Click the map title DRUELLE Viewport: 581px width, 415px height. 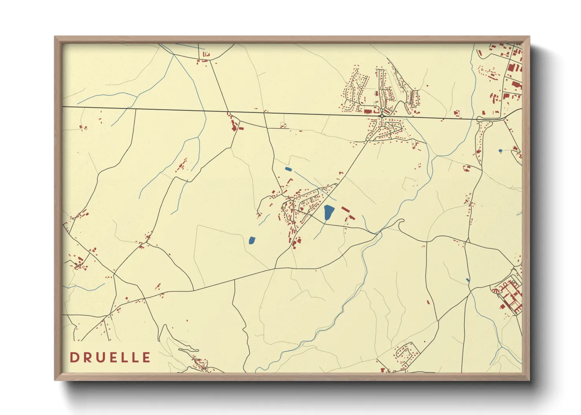tap(110, 357)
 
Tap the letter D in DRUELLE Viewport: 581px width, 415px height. tap(74, 357)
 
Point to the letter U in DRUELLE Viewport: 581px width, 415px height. tap(99, 357)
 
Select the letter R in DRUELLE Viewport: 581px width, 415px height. tap(86, 357)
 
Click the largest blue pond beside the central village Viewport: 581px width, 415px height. tap(329, 212)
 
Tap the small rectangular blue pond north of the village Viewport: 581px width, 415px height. tap(288, 169)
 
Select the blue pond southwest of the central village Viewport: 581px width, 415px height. tap(252, 240)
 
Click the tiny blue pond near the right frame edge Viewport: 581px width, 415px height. tap(500, 151)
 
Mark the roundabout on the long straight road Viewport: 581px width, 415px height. tap(382, 116)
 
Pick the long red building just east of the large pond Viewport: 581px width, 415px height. tap(345, 209)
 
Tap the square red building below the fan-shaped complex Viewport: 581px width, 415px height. tap(502, 306)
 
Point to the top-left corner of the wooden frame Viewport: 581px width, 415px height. tap(55, 37)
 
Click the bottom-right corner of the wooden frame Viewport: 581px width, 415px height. tap(529, 380)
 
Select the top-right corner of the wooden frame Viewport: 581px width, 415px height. tap(529, 37)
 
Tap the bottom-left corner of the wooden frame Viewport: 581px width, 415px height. tap(55, 380)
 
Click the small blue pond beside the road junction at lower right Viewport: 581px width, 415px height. tap(467, 280)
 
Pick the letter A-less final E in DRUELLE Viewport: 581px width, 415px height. tap(146, 357)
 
